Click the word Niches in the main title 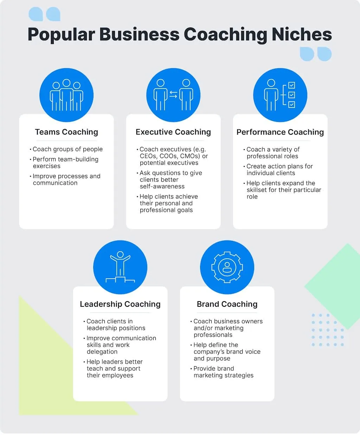point(302,34)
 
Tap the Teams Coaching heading point(66,132)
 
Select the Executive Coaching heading point(173,132)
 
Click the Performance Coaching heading point(280,132)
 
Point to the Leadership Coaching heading point(120,304)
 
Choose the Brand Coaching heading point(227,304)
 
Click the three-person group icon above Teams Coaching point(66,95)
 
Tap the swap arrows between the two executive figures point(173,95)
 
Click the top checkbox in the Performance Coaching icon point(291,85)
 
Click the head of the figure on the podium point(120,254)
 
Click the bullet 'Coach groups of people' point(66,149)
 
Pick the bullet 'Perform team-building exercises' point(64,162)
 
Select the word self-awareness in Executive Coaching point(162,186)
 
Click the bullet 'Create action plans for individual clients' point(278,170)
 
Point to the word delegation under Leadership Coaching point(102,352)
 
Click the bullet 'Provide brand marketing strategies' point(222,372)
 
